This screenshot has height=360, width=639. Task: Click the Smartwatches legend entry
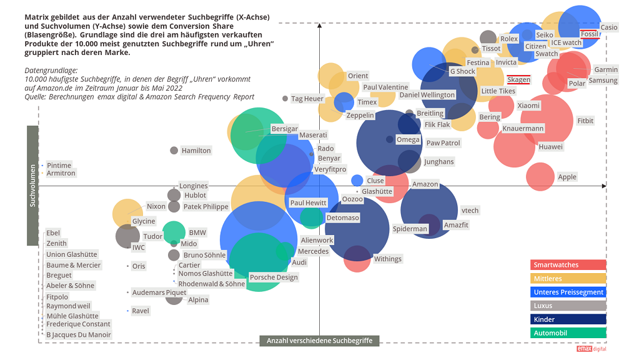[568, 265]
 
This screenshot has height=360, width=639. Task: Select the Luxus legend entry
[568, 306]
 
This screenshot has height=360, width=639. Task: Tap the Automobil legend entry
[568, 333]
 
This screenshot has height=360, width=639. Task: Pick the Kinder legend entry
[568, 319]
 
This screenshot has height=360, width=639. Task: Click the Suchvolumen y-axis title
[32, 186]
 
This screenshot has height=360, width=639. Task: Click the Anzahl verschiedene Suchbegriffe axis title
[319, 341]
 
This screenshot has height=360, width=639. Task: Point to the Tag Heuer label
[307, 99]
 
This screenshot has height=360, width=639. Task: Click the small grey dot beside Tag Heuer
[285, 99]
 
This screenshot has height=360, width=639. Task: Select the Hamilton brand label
[196, 151]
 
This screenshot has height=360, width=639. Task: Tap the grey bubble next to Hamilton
[174, 150]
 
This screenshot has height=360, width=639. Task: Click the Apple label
[567, 177]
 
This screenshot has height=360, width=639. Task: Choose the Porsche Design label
[274, 277]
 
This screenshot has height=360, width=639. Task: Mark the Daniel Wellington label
[427, 95]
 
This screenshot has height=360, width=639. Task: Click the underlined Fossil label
[590, 34]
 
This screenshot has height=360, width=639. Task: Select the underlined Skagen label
[518, 80]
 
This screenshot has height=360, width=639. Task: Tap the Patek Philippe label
[206, 207]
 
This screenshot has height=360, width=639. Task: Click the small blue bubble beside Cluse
[357, 181]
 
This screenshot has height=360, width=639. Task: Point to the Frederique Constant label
[78, 324]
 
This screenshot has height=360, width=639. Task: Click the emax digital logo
[591, 349]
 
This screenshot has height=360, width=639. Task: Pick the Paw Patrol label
[443, 143]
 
